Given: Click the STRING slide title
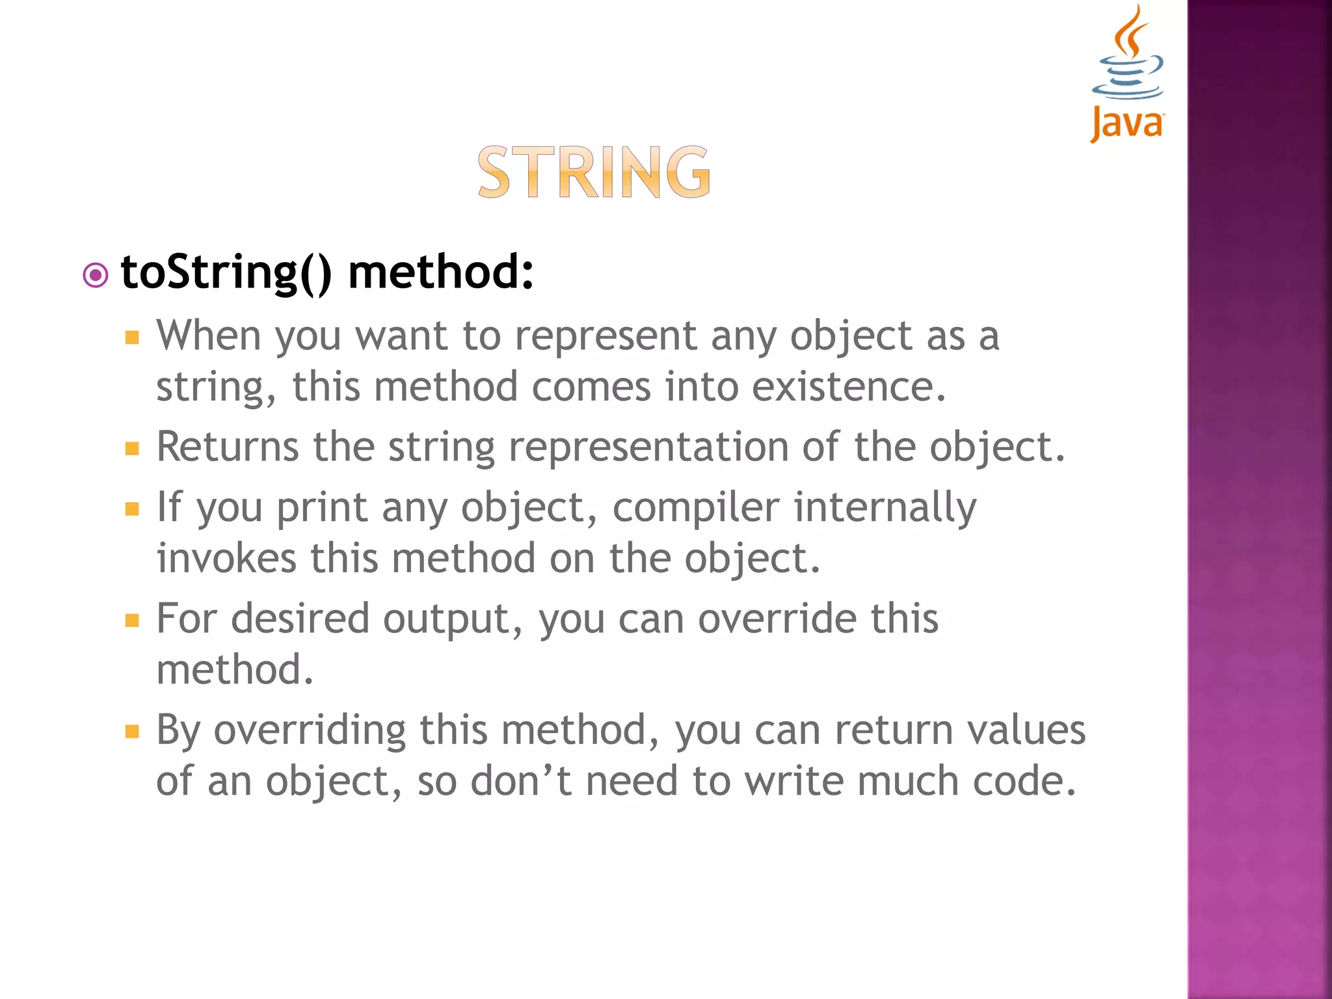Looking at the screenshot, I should pos(594,172).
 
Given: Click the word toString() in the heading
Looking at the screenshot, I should pos(226,272).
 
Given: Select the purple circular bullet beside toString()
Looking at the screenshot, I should pos(96,275).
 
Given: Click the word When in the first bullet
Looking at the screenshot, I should pos(208,336).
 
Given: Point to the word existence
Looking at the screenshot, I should pos(848,387).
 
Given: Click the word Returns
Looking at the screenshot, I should pos(228,447).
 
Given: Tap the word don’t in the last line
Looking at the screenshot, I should pos(521,781).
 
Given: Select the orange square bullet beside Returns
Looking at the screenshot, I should pos(133,449).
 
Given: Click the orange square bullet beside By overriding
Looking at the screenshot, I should pos(133,732).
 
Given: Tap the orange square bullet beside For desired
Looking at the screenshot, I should pos(133,620).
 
